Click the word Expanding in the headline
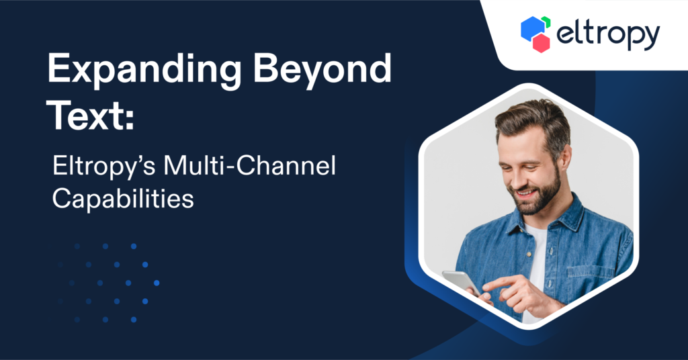coord(144,70)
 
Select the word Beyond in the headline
coord(322,70)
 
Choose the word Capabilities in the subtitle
coord(123,198)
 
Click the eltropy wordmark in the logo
coord(608,35)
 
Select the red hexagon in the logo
coord(541,44)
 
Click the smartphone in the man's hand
coord(462,283)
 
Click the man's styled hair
coord(533,118)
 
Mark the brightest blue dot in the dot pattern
coord(157,283)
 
